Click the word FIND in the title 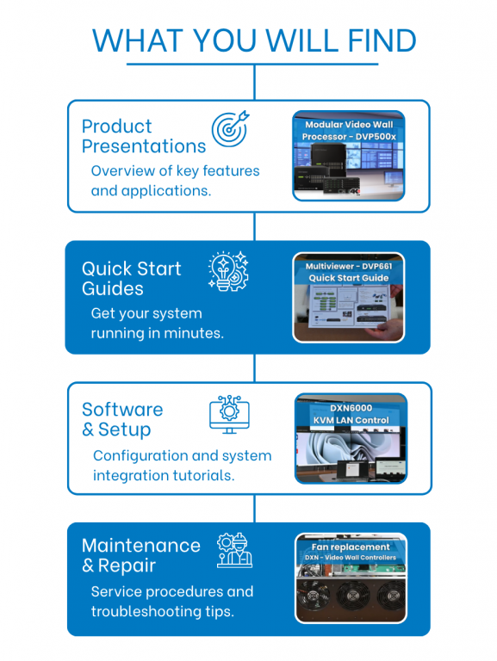[382, 40]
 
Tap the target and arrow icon [230, 128]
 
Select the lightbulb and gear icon [228, 271]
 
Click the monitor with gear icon [229, 414]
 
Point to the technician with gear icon [234, 550]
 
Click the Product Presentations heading [144, 136]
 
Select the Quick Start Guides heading [132, 279]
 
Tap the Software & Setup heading [122, 420]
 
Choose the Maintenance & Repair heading [141, 556]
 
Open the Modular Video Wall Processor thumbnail [349, 156]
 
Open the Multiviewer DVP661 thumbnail [349, 298]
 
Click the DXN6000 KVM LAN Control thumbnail [351, 438]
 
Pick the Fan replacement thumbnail [351, 578]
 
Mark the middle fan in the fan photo [352, 596]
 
